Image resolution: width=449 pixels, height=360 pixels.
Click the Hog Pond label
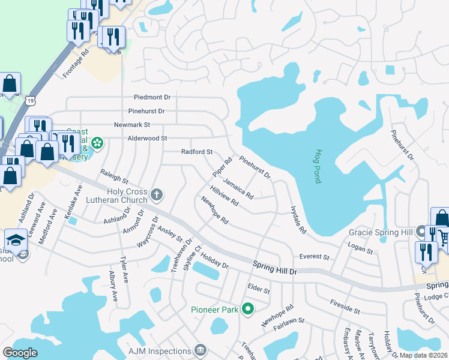click(319, 166)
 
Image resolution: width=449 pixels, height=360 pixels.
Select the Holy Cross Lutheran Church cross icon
click(157, 194)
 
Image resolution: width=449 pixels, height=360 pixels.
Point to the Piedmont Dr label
click(152, 97)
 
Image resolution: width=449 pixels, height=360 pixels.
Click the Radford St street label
click(197, 152)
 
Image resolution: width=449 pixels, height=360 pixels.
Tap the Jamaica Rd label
click(238, 188)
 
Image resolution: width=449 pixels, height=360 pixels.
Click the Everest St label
click(315, 257)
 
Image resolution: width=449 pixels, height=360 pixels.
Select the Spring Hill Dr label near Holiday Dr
click(275, 268)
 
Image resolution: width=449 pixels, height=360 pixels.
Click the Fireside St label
click(345, 308)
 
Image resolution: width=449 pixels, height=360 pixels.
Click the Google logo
click(20, 353)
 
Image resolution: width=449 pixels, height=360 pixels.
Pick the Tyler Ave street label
click(124, 269)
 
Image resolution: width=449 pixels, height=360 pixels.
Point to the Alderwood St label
click(147, 138)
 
